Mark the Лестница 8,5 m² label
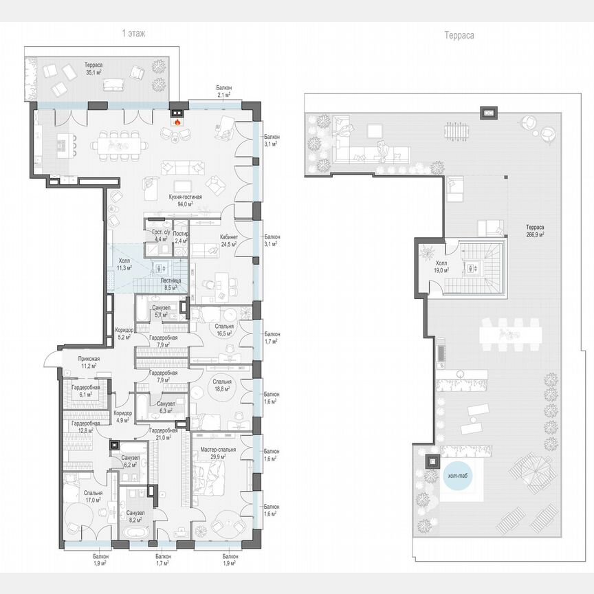170,285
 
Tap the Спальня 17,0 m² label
93,496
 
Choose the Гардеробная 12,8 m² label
85,427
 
